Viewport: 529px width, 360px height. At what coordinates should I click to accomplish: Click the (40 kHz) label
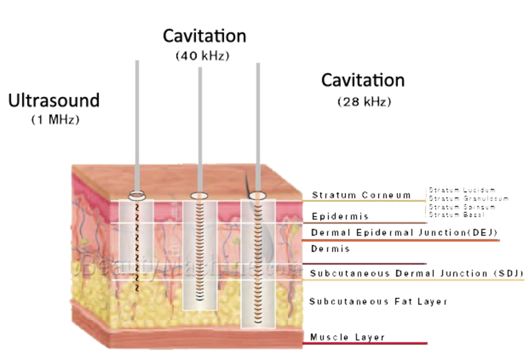pyautogui.click(x=203, y=56)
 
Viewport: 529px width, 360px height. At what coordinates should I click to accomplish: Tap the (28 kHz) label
pyautogui.click(x=364, y=102)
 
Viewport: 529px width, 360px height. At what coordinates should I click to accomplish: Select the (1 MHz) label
pyautogui.click(x=55, y=120)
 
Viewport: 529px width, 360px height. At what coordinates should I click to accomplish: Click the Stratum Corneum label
pyautogui.click(x=361, y=195)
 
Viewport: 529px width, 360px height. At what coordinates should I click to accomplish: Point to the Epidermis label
pyautogui.click(x=340, y=216)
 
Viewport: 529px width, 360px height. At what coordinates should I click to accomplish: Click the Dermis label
pyautogui.click(x=331, y=249)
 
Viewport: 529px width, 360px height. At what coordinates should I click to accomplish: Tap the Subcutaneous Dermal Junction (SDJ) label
pyautogui.click(x=416, y=273)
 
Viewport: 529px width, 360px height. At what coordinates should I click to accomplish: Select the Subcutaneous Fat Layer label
pyautogui.click(x=378, y=301)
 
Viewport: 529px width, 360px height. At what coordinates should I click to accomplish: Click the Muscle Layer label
pyautogui.click(x=348, y=336)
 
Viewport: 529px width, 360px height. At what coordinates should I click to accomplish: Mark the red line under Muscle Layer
pyautogui.click(x=365, y=344)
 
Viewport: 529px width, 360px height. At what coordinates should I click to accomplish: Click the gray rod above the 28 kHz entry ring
pyautogui.click(x=258, y=127)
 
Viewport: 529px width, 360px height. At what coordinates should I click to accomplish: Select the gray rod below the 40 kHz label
pyautogui.click(x=200, y=127)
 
